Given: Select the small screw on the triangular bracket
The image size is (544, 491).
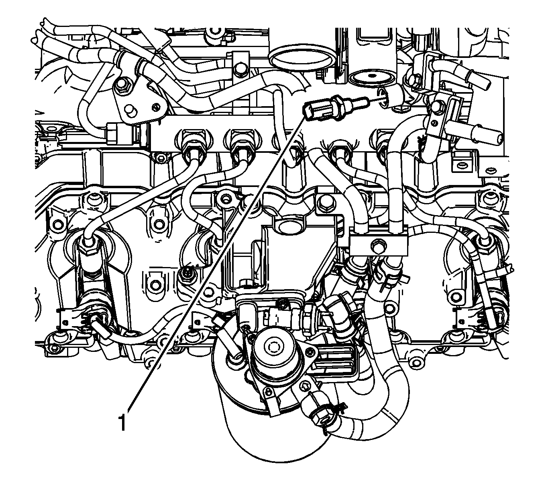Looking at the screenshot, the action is [x=155, y=107].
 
